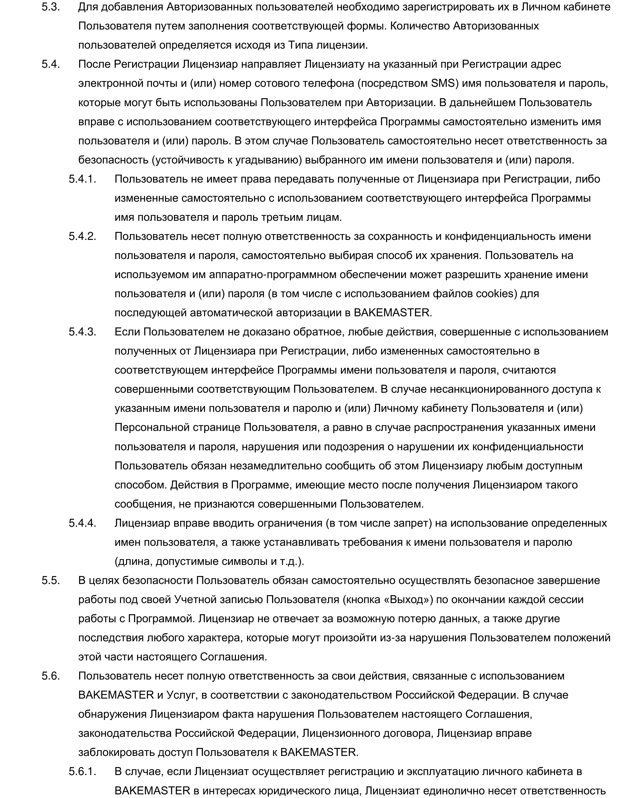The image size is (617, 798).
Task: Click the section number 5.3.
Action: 50,7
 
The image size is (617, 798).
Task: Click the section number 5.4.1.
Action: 82,179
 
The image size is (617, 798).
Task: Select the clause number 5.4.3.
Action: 82,332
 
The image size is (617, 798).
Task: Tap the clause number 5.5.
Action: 50,580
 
